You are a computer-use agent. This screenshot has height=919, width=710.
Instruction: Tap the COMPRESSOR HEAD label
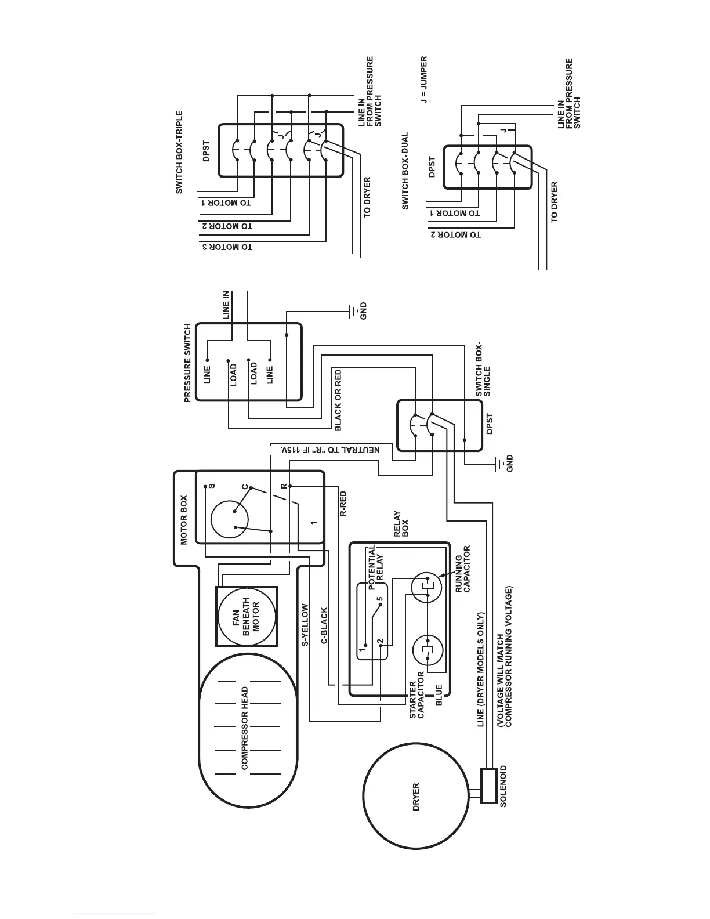click(x=245, y=728)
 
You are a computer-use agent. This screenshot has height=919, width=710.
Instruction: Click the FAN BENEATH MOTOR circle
click(x=247, y=616)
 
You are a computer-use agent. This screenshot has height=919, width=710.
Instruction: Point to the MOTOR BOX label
click(x=184, y=520)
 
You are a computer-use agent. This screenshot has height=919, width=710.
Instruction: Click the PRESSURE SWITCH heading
click(x=187, y=363)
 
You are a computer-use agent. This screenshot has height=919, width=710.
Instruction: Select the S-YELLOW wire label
click(x=305, y=625)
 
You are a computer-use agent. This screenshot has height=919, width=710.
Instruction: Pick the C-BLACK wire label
click(x=324, y=626)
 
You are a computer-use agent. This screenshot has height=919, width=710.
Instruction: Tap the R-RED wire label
click(x=343, y=504)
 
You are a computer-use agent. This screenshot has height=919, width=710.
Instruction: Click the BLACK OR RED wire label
click(x=338, y=400)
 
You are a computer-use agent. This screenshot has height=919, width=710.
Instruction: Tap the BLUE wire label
click(x=439, y=695)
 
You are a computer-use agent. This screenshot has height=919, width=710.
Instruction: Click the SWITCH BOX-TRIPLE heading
click(x=179, y=153)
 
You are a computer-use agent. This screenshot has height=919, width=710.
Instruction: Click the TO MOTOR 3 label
click(x=227, y=247)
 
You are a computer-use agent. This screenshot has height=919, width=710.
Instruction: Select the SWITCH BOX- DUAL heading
click(x=405, y=171)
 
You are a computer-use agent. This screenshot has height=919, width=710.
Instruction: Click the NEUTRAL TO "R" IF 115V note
click(x=330, y=450)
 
